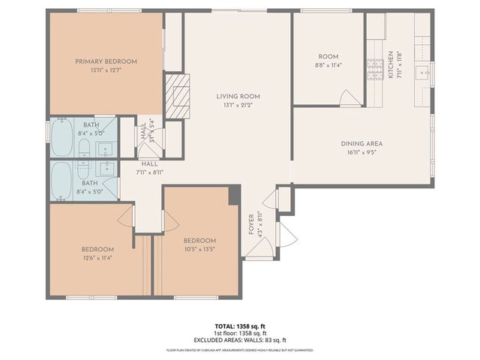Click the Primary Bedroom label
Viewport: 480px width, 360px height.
104,61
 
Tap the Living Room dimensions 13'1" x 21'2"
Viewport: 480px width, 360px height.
238,105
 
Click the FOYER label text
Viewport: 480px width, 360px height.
251,225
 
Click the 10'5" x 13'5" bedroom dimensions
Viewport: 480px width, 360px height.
199,249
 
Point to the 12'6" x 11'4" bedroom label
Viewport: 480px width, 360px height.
97,253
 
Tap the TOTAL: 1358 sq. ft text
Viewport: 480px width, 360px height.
240,326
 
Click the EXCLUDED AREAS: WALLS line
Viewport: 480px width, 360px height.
240,340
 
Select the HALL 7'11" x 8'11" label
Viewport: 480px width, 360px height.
150,168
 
